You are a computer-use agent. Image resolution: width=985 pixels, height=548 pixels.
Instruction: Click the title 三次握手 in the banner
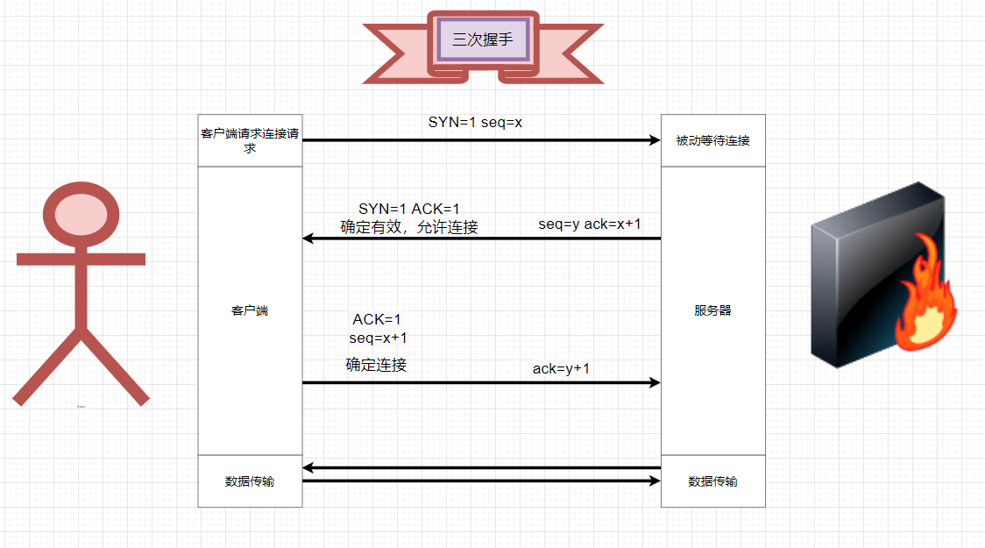click(x=482, y=39)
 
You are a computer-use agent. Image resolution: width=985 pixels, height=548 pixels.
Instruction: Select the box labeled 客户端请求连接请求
click(x=250, y=140)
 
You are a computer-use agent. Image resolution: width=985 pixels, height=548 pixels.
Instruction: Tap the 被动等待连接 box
click(x=712, y=140)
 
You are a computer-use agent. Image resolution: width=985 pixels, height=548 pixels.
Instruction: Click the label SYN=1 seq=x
click(x=475, y=122)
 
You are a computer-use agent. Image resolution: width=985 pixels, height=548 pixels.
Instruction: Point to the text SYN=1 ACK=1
click(x=408, y=209)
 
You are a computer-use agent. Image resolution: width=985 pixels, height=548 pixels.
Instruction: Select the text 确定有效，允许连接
click(x=409, y=227)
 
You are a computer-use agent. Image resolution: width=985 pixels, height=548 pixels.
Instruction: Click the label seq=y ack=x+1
click(x=589, y=224)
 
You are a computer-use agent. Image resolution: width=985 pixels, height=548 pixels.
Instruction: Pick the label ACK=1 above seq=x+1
click(x=377, y=319)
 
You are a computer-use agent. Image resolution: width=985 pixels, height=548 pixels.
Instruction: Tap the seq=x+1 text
click(x=378, y=338)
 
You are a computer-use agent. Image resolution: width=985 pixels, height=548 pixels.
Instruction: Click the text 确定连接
click(x=376, y=365)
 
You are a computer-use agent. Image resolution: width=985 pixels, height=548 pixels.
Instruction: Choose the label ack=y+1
click(x=561, y=368)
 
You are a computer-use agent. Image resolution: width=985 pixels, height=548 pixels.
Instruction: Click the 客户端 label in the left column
click(x=250, y=310)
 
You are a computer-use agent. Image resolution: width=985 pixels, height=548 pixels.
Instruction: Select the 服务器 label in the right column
click(x=712, y=310)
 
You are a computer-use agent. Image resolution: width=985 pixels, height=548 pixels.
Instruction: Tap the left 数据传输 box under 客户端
click(x=250, y=480)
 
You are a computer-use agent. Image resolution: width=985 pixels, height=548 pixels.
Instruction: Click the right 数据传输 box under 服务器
click(x=712, y=480)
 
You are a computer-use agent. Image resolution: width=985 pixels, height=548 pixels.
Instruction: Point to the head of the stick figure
click(x=81, y=213)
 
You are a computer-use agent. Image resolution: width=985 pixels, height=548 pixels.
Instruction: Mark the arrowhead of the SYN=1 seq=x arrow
click(x=654, y=140)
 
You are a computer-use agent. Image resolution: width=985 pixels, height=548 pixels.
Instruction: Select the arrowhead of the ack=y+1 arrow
click(x=654, y=382)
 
